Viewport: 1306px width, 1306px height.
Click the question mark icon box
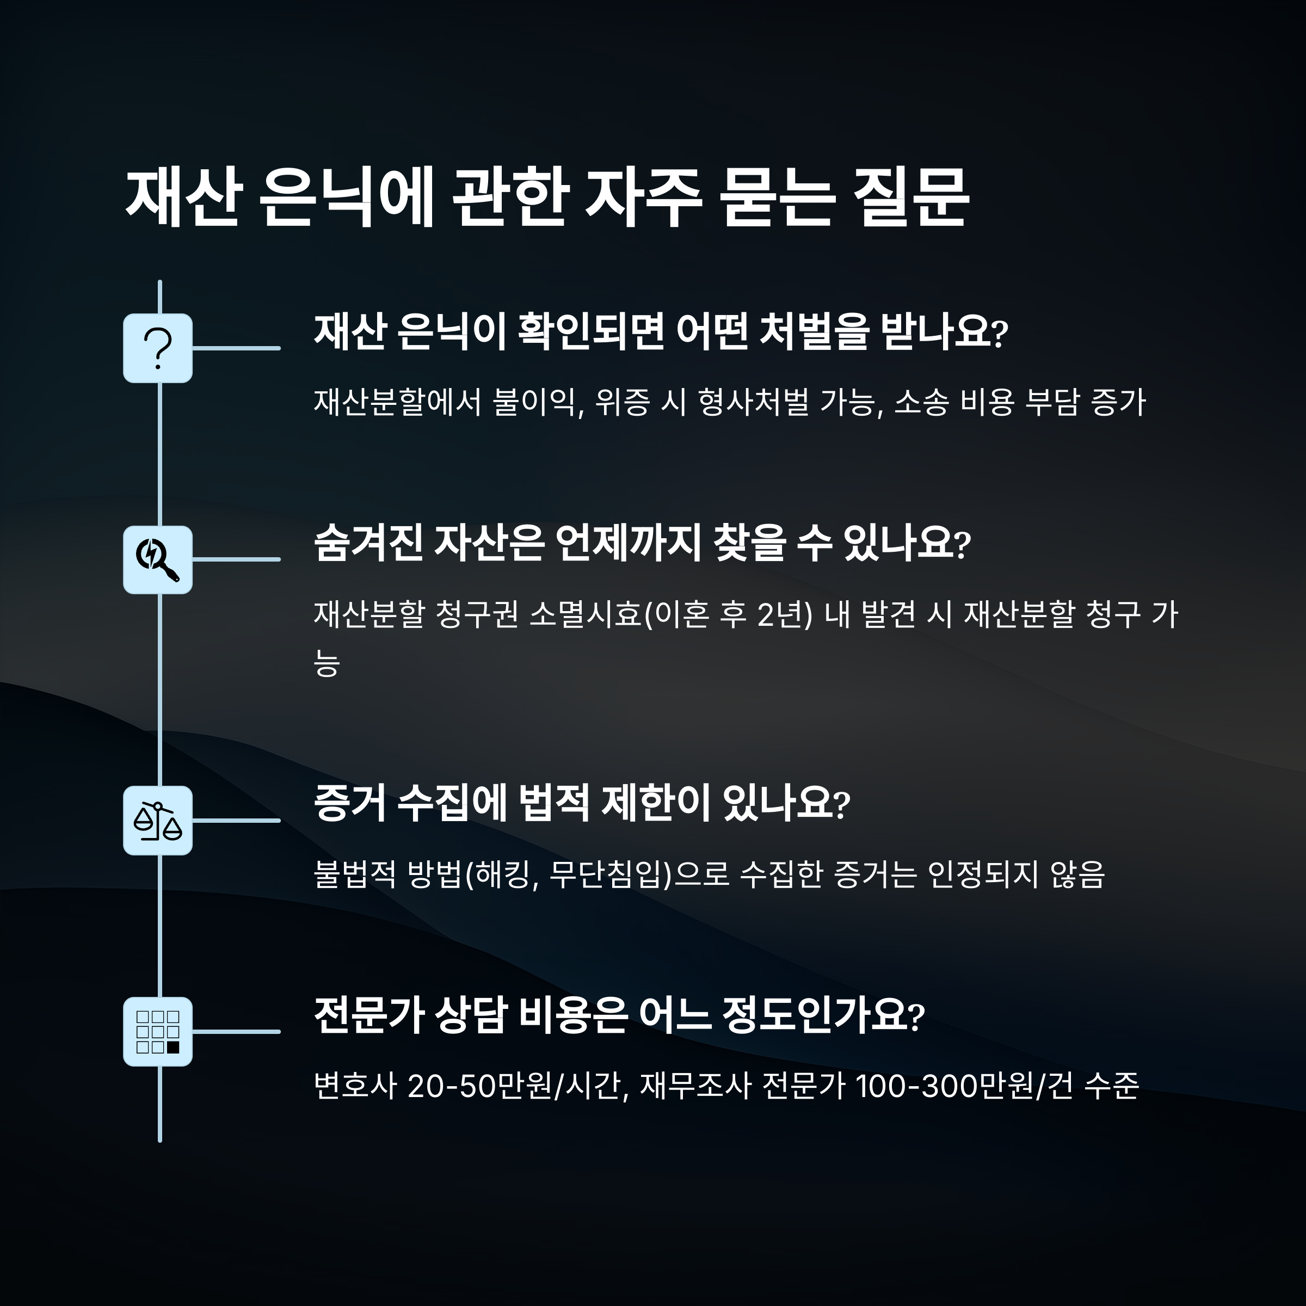click(157, 348)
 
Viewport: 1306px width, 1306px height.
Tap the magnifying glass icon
click(157, 560)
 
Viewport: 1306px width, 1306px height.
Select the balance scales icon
click(157, 821)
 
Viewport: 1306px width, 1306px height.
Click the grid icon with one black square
click(157, 1032)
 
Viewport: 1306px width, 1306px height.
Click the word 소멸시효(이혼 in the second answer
click(602, 614)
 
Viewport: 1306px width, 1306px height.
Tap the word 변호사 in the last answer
click(354, 1086)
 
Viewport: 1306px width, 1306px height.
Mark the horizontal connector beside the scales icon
click(236, 821)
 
